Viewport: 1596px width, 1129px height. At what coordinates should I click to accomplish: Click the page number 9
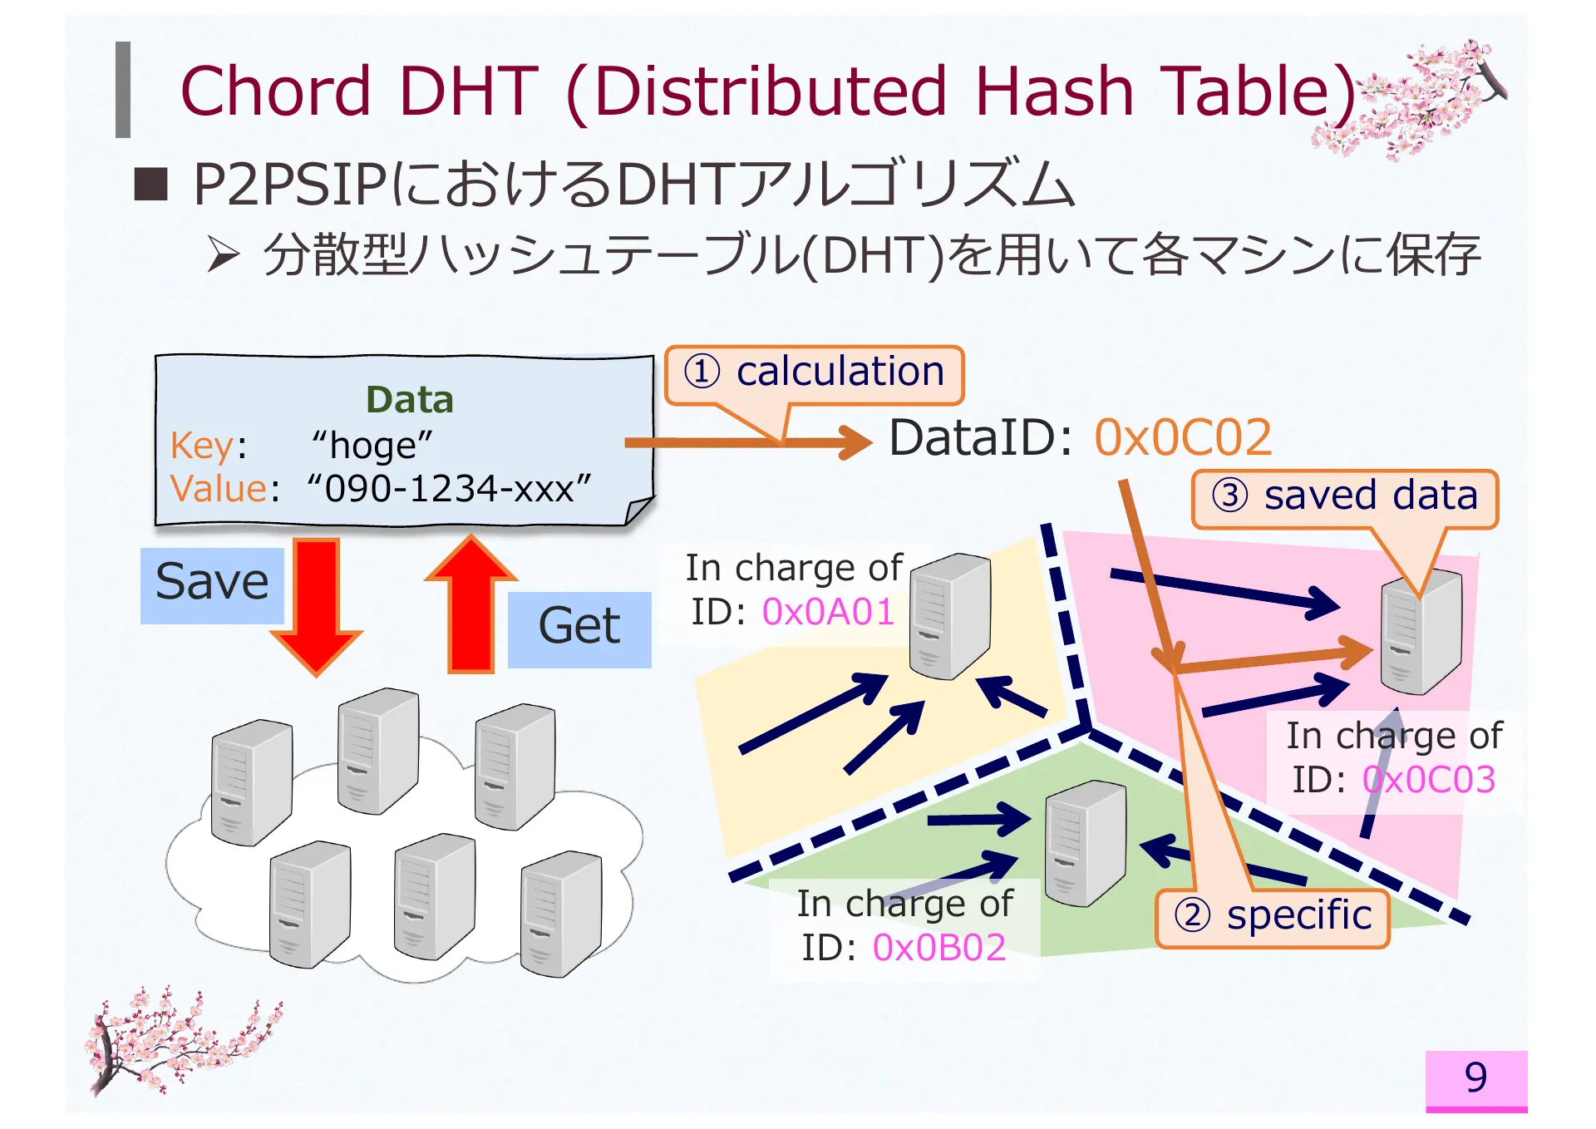point(1475,1077)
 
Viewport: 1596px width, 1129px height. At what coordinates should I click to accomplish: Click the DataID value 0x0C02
point(1183,437)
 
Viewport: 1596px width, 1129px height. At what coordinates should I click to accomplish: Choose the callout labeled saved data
point(1344,496)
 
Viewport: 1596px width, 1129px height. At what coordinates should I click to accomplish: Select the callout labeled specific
point(1273,917)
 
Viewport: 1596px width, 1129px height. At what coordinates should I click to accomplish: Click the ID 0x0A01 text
point(828,613)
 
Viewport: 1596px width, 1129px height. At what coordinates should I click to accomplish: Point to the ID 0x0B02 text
point(939,948)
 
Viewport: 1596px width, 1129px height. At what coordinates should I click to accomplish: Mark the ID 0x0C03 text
point(1429,781)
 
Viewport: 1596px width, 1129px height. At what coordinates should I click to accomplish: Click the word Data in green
point(410,400)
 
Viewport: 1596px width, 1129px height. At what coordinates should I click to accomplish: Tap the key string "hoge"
point(372,446)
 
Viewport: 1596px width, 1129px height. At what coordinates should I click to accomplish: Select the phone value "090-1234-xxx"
point(449,489)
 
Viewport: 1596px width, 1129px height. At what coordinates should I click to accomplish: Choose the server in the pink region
point(1421,632)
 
